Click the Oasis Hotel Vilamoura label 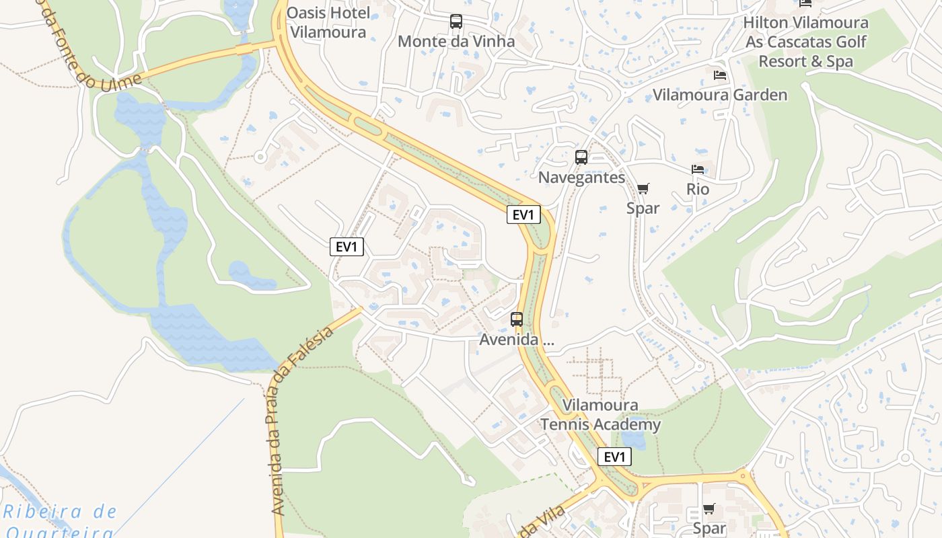[x=328, y=22]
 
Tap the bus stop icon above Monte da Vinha [x=456, y=22]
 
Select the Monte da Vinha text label [x=456, y=41]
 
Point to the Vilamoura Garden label [x=720, y=95]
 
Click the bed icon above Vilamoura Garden [x=720, y=75]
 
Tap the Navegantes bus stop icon [x=581, y=157]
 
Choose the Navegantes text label [x=581, y=178]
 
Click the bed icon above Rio [x=698, y=169]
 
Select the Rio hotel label [x=698, y=189]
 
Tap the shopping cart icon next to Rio [x=643, y=189]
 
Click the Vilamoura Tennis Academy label [x=601, y=415]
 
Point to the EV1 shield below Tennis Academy [x=614, y=457]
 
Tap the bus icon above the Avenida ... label [x=517, y=319]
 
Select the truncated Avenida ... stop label [x=517, y=340]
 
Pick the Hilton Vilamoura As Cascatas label [x=805, y=42]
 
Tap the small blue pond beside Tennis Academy [x=632, y=440]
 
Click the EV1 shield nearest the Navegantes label [x=523, y=215]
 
